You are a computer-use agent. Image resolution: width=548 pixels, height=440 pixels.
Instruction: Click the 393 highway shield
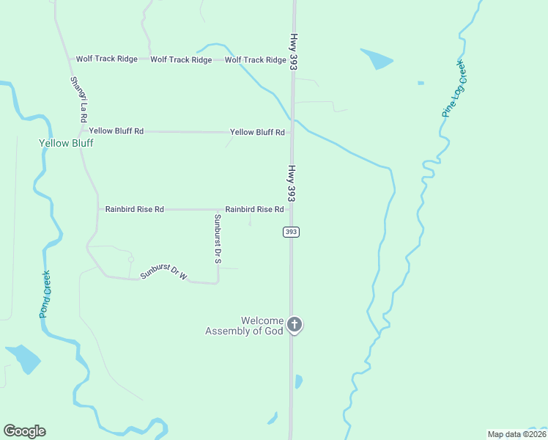tap(292, 232)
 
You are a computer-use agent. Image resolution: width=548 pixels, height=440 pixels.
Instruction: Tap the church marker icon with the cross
tap(295, 324)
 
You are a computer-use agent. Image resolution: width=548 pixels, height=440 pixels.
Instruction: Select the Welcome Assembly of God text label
tap(243, 326)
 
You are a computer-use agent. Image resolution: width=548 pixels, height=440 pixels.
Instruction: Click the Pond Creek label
tap(45, 294)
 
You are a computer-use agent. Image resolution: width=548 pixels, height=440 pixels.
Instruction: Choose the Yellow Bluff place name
tap(66, 143)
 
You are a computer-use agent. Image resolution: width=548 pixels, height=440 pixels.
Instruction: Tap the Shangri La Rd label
tap(78, 99)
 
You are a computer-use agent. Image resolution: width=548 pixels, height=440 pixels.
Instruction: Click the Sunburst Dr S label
tap(218, 239)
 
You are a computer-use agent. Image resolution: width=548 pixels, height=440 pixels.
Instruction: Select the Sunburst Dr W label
tap(164, 275)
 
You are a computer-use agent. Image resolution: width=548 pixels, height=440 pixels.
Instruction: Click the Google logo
tap(24, 431)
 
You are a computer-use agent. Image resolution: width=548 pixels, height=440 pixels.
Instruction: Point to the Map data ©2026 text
tap(516, 434)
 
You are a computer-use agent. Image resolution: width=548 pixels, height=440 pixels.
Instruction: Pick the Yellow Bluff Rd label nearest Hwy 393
tap(257, 132)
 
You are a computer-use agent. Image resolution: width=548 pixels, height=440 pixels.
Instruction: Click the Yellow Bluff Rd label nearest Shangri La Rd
tap(116, 131)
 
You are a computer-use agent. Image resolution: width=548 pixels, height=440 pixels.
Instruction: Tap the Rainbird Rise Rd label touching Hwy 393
tap(254, 209)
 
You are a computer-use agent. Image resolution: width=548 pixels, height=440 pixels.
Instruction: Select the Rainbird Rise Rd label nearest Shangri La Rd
tap(134, 209)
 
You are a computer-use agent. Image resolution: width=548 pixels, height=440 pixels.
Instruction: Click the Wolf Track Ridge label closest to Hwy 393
tap(255, 60)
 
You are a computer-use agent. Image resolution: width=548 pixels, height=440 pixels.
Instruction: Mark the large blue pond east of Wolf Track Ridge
tap(377, 58)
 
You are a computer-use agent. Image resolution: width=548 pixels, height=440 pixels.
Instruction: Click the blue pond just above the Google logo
tap(23, 358)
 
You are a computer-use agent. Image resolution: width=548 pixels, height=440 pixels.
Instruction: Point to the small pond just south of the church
tap(298, 381)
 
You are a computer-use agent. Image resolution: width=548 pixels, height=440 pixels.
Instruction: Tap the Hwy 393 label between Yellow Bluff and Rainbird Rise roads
tap(292, 183)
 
